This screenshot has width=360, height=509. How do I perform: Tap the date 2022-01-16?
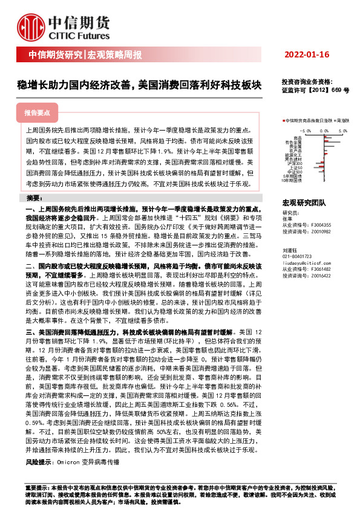(306, 55)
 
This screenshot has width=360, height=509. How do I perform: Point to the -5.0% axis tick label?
(305, 130)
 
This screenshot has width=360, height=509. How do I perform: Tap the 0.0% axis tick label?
(324, 130)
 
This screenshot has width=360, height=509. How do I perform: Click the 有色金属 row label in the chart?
(294, 141)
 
